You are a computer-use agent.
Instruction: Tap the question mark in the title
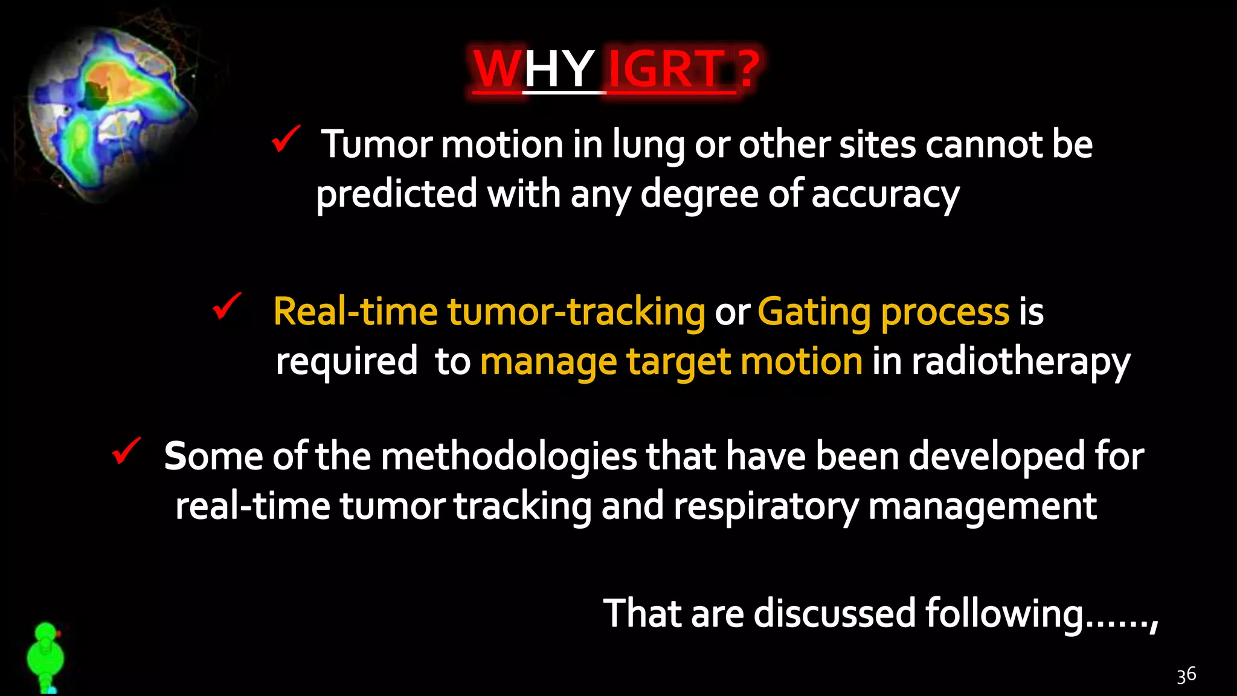749,69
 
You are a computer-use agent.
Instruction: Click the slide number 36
1186,675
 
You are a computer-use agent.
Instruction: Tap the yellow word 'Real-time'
355,312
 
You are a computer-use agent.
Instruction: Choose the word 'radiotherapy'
1020,362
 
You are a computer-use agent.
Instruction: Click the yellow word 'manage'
548,362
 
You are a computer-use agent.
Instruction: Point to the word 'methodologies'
509,457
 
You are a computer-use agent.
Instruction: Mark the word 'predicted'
397,195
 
